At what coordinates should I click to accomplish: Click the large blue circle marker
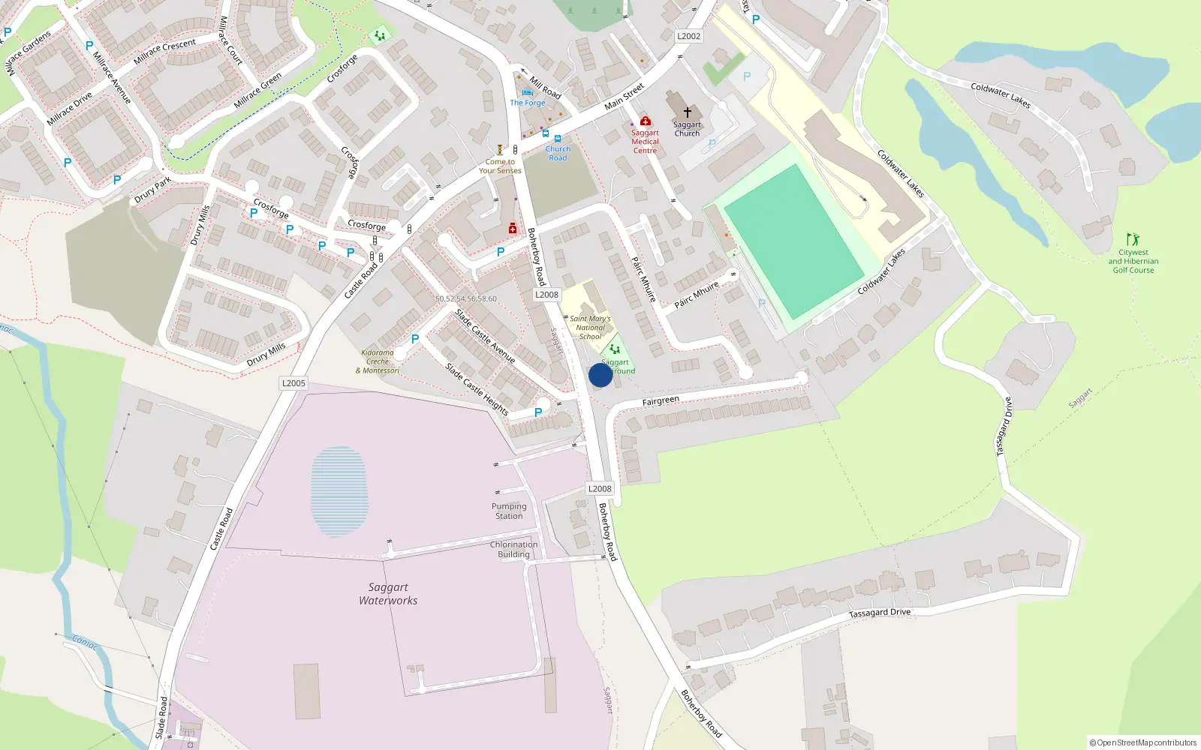[600, 375]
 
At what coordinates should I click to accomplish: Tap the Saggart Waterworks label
[388, 594]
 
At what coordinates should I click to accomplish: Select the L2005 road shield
[293, 383]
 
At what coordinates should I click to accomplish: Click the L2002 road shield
[688, 36]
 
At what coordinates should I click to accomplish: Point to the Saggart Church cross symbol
[687, 112]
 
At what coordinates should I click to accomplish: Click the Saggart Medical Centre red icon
[645, 121]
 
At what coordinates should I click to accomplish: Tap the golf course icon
[1133, 239]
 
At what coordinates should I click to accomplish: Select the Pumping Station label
[509, 511]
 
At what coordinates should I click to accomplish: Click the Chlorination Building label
[513, 550]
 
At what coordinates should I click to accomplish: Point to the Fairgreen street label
[661, 401]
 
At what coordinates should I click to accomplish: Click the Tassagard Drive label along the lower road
[880, 613]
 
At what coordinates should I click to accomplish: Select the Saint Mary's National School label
[590, 328]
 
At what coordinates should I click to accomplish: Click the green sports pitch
[793, 240]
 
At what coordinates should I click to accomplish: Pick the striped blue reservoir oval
[339, 491]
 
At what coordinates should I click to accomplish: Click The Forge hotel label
[528, 103]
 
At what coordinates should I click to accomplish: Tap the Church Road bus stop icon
[558, 139]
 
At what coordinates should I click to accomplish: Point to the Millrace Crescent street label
[164, 52]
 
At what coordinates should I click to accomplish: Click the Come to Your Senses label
[500, 166]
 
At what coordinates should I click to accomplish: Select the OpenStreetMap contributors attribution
[1142, 742]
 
